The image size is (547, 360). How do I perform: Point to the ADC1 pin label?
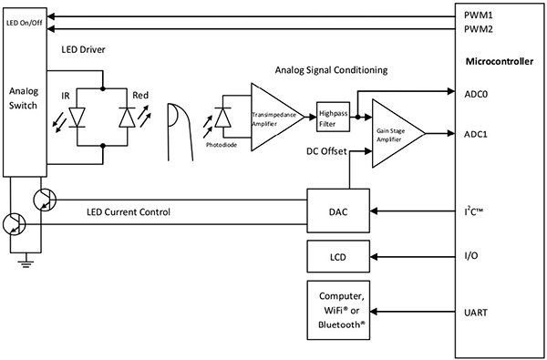point(475,133)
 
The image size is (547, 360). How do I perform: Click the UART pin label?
point(476,312)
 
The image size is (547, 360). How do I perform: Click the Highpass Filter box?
point(330,115)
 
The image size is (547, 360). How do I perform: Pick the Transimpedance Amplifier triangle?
point(273,116)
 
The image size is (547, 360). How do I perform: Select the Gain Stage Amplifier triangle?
point(392,134)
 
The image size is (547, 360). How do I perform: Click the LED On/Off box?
point(25,22)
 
